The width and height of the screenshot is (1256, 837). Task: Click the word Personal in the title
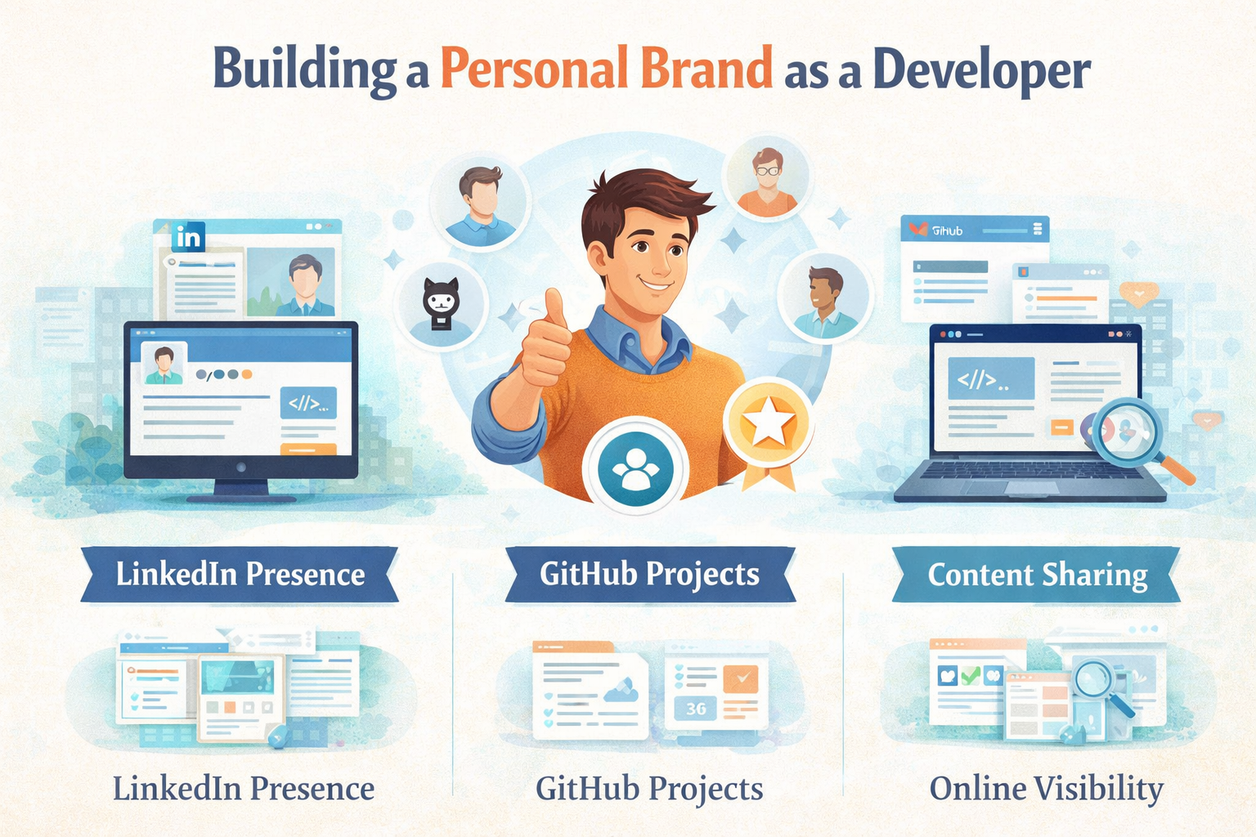tap(534, 69)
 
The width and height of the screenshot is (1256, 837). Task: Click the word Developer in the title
tap(981, 71)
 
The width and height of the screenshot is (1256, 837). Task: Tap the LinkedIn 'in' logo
tap(188, 238)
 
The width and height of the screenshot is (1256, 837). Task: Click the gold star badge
tap(768, 423)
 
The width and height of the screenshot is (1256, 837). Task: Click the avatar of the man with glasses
tap(767, 178)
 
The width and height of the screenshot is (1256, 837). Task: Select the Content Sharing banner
tap(1037, 575)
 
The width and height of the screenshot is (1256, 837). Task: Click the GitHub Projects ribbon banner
tap(649, 574)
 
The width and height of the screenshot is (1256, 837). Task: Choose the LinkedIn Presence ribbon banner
tap(240, 574)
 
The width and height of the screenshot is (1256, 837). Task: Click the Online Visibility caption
tap(1046, 789)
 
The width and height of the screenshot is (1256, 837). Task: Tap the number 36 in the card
tap(696, 708)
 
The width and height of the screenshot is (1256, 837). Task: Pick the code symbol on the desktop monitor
tap(307, 403)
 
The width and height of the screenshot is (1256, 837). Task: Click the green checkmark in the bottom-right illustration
tap(971, 676)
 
